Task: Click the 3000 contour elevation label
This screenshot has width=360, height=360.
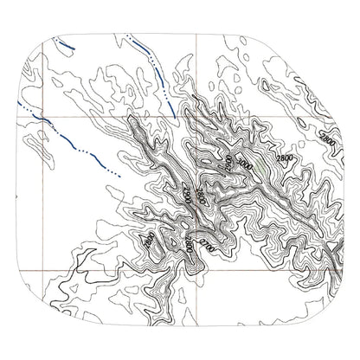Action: [x=245, y=164]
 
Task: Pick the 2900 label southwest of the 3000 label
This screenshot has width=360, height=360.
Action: [x=185, y=194]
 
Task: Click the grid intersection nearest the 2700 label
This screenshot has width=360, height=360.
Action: [x=194, y=267]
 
